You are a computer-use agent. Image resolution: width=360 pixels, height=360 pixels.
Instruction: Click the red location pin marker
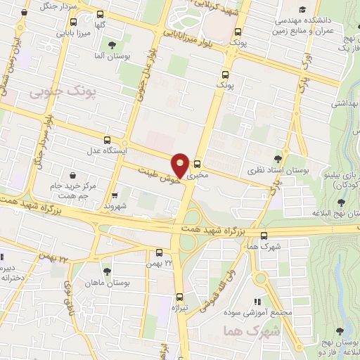click(181, 165)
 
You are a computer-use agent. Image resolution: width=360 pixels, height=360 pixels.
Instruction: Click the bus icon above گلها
click(100, 14)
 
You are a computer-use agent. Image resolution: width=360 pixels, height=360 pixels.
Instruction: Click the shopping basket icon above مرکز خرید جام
click(72, 175)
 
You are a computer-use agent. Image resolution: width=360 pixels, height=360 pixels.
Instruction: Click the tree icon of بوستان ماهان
click(107, 271)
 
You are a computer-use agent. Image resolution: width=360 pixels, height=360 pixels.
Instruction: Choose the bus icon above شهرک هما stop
click(264, 236)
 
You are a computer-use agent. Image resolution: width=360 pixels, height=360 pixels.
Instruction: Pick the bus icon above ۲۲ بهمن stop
click(159, 252)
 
